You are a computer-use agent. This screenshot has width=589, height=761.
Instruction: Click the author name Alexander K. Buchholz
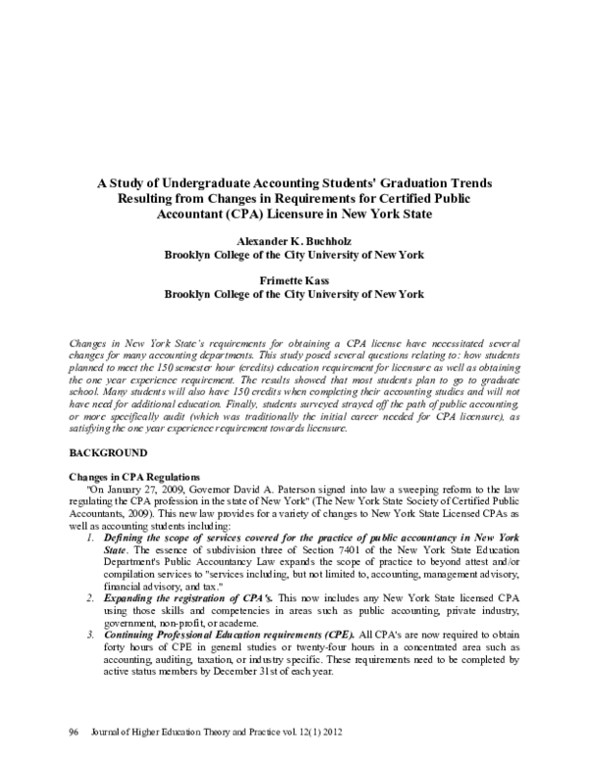294,241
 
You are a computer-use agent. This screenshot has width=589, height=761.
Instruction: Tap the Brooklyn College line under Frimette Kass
294,292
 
